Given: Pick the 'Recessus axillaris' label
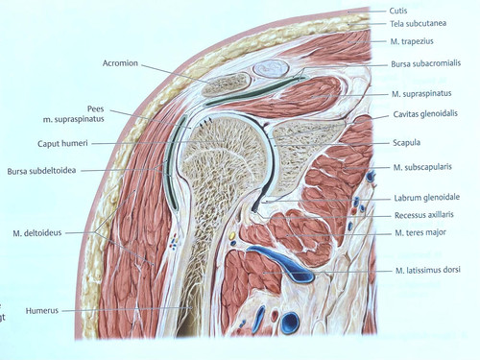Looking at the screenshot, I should [426, 215].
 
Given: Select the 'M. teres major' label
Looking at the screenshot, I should [420, 233].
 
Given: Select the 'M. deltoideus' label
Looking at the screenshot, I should [37, 232].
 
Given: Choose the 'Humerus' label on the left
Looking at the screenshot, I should [42, 311].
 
